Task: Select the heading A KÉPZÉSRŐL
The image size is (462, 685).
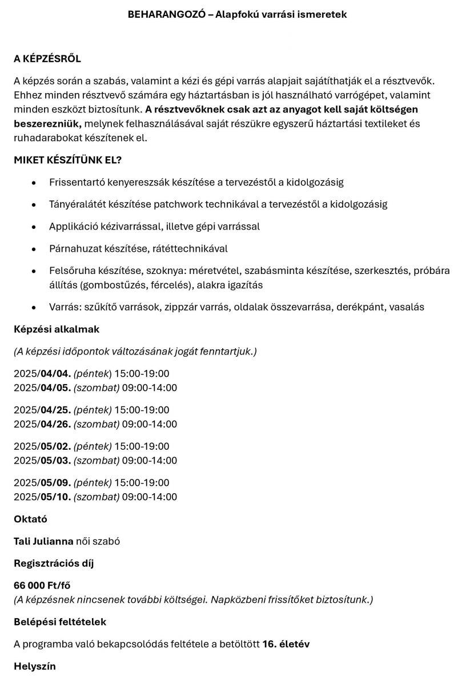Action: click(47, 59)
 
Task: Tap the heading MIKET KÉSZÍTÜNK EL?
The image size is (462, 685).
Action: click(67, 160)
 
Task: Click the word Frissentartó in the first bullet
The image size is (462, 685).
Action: click(77, 182)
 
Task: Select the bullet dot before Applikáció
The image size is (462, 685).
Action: click(35, 227)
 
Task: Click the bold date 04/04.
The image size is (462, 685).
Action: click(55, 374)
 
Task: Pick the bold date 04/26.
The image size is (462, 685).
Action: click(55, 424)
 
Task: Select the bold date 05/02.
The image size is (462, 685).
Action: click(55, 446)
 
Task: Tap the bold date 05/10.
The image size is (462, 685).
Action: click(55, 497)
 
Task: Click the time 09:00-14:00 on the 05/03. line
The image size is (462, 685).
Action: click(150, 460)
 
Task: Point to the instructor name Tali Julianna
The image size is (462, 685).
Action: click(43, 541)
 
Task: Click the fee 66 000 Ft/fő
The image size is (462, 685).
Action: click(42, 586)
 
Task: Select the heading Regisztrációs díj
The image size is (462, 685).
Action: click(54, 563)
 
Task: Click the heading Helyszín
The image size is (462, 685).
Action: click(35, 666)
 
